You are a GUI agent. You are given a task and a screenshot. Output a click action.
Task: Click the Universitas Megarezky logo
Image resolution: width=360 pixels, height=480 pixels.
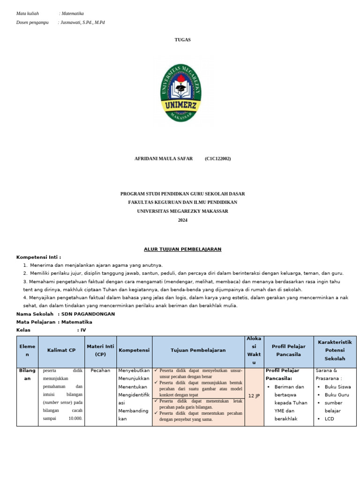coord(181,93)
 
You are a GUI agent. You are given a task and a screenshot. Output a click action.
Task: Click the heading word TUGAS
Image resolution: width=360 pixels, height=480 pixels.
coord(182,40)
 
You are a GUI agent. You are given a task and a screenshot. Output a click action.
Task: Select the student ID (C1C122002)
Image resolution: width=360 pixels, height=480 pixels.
coord(217,159)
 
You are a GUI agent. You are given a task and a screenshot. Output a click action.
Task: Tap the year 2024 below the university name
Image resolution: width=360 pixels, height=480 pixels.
coord(182,220)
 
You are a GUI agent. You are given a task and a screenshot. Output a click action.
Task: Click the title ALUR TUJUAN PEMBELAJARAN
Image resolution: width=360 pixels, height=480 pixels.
coord(182,249)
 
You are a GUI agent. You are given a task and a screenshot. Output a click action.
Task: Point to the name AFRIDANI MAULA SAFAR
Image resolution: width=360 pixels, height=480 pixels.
coord(163,159)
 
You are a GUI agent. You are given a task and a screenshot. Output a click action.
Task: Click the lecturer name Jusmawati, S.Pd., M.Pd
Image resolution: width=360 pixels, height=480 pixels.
coord(83,22)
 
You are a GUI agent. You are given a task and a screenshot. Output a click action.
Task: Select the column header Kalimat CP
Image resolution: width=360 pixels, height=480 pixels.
coord(61,350)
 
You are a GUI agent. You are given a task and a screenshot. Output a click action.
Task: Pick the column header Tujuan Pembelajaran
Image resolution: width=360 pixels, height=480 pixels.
coord(198,350)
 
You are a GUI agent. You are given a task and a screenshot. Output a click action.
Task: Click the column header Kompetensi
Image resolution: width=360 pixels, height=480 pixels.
coord(134,350)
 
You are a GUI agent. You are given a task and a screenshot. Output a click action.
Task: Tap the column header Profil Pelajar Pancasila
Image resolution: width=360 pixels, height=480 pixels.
coord(288,350)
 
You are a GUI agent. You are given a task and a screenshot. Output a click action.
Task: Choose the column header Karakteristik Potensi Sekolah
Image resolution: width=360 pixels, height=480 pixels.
coord(335,350)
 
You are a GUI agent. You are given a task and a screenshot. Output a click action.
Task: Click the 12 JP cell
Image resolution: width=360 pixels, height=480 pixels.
coord(254,396)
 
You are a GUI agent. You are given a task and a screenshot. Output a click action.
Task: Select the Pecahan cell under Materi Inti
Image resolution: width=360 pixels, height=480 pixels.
coord(100,370)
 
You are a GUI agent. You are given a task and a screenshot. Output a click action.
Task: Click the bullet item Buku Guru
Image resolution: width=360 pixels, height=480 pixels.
coord(337,395)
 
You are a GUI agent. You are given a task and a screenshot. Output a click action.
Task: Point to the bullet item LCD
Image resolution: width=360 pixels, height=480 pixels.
coord(329,419)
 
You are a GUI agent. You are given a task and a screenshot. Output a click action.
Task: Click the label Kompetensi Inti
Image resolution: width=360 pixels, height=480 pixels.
coord(38,257)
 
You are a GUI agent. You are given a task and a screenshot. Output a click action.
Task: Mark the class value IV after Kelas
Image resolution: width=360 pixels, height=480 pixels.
coord(83,330)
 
